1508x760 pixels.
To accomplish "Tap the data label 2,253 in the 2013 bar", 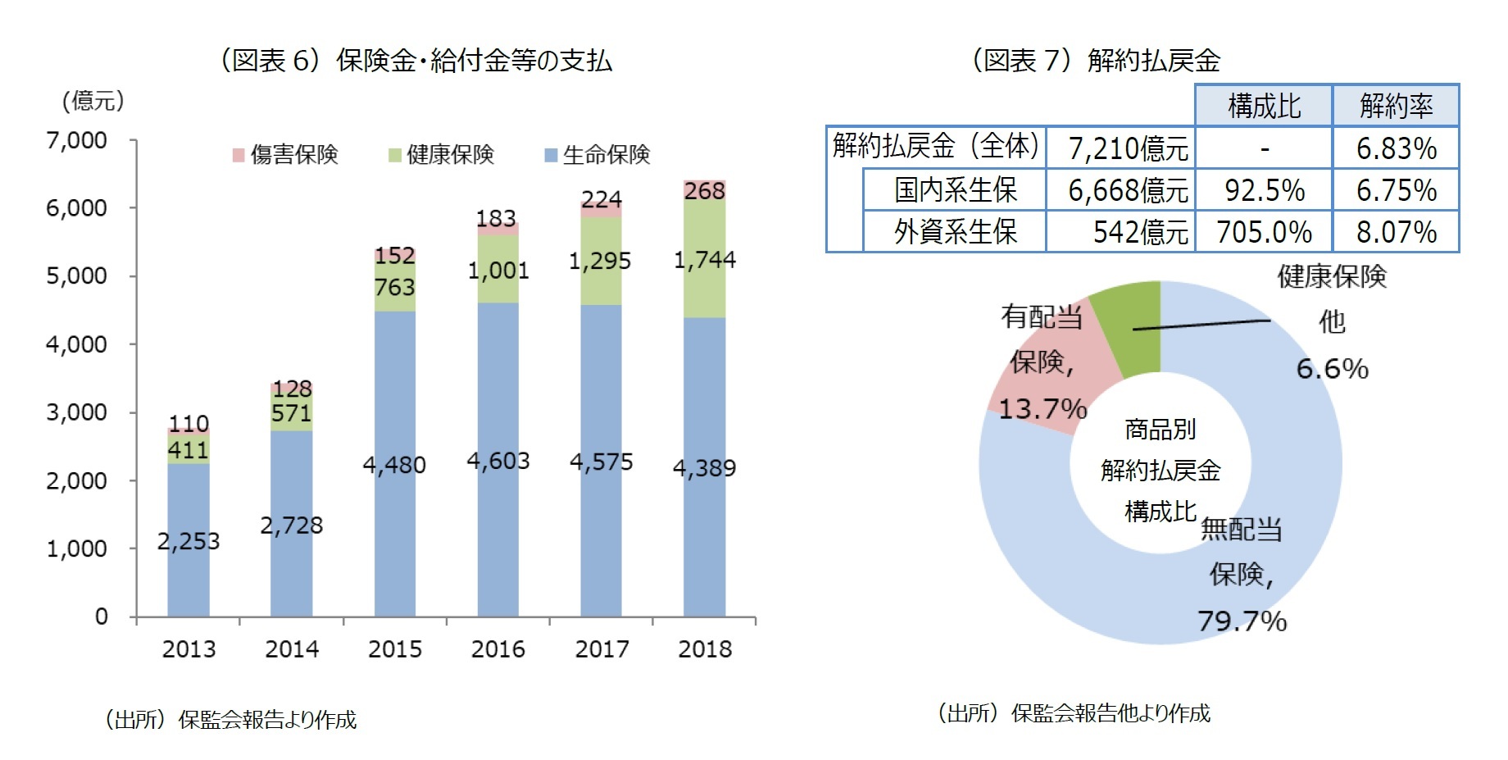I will point(188,541).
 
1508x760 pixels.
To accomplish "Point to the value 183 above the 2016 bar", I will point(496,218).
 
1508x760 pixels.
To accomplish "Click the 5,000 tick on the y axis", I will point(76,276).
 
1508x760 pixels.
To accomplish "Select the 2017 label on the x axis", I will point(602,649).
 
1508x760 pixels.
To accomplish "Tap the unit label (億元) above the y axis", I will point(93,101).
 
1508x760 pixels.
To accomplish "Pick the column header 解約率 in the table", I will point(1396,106).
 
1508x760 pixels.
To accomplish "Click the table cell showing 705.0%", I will point(1264,232).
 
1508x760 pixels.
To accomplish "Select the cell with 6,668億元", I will point(1127,190).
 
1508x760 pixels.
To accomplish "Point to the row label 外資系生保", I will point(955,232).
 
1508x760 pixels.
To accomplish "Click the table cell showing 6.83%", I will point(1396,148).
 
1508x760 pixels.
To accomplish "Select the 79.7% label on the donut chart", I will point(1242,621).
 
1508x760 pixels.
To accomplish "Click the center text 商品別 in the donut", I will point(1160,429).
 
